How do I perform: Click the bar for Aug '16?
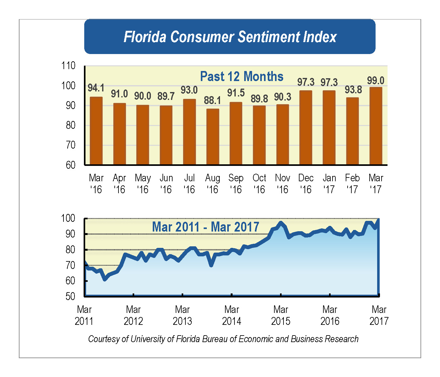(x=213, y=137)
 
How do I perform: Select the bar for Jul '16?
(x=190, y=132)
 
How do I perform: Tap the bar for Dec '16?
(x=306, y=128)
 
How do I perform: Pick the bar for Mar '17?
(x=376, y=126)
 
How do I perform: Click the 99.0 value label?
(x=376, y=81)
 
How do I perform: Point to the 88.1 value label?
(x=212, y=101)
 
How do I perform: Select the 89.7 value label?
(x=166, y=96)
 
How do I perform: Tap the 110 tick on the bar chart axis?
(x=69, y=66)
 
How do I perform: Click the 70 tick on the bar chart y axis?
(x=71, y=145)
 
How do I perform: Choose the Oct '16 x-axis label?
(x=259, y=184)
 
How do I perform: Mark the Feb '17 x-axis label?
(x=352, y=184)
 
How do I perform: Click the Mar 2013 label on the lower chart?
(x=182, y=315)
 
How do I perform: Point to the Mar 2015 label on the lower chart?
(x=281, y=315)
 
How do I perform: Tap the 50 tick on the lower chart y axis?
(x=70, y=296)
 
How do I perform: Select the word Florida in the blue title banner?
(x=145, y=37)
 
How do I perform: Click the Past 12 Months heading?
(x=242, y=77)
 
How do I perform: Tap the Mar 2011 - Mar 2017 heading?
(x=206, y=227)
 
